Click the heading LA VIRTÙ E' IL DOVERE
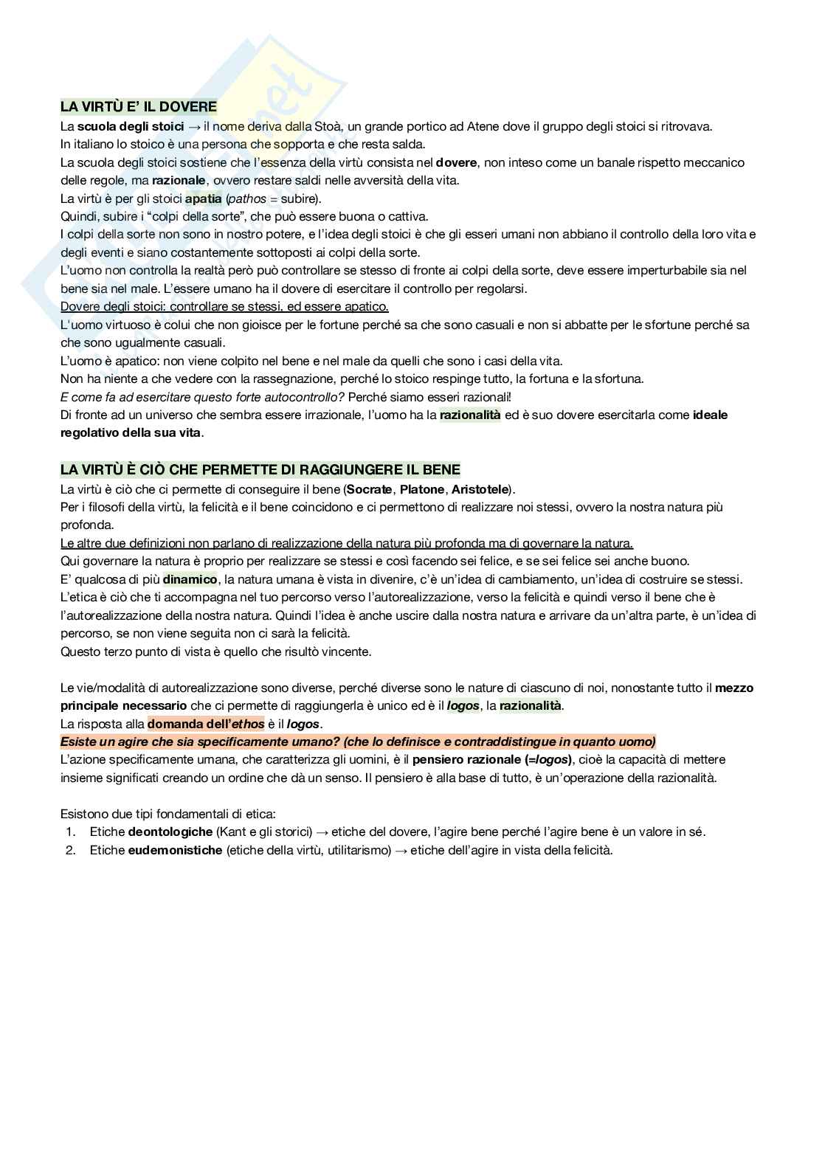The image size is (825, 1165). [x=139, y=107]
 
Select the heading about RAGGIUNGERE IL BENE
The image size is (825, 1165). [x=260, y=470]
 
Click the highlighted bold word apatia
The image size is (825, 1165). [x=203, y=198]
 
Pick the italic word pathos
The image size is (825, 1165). [x=247, y=198]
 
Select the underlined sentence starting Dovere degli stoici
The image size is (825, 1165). [x=224, y=306]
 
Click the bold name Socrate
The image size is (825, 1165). [x=369, y=489]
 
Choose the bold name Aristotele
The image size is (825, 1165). [x=480, y=489]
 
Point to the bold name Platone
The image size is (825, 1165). [x=422, y=489]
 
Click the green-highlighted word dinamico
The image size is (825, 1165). [x=190, y=579]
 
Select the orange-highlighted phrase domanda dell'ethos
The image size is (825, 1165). [x=206, y=724]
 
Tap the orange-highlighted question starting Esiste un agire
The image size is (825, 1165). [x=358, y=741]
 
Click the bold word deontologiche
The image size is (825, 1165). [x=170, y=832]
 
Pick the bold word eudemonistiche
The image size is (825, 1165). [x=175, y=850]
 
